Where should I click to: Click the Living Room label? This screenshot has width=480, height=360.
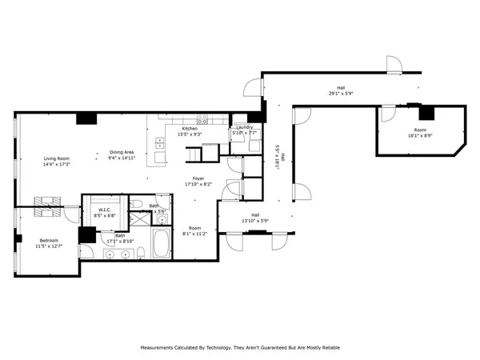pyautogui.click(x=56, y=158)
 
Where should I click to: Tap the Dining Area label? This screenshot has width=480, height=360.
pyautogui.click(x=122, y=152)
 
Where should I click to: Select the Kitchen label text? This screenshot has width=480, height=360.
pyautogui.click(x=190, y=129)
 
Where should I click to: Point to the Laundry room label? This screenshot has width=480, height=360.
pyautogui.click(x=244, y=127)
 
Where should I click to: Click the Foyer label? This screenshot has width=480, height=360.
pyautogui.click(x=198, y=178)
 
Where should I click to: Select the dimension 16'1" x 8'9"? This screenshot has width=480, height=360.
pyautogui.click(x=420, y=136)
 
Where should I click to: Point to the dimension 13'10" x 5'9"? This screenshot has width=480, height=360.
pyautogui.click(x=255, y=221)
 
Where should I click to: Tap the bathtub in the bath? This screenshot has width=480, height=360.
pyautogui.click(x=161, y=246)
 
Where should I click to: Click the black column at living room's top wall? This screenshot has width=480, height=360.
pyautogui.click(x=86, y=119)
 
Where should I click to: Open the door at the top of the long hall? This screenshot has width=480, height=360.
pyautogui.click(x=392, y=64)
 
